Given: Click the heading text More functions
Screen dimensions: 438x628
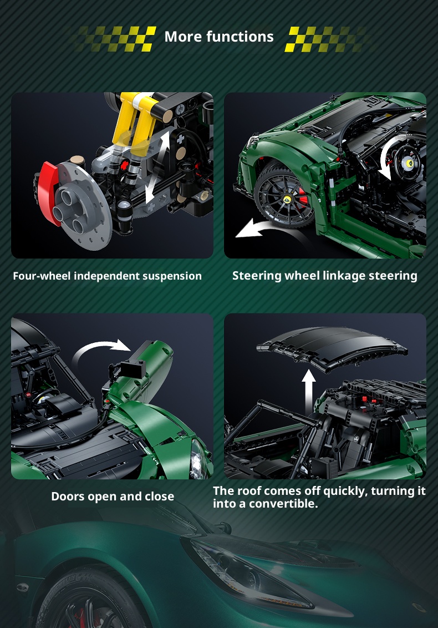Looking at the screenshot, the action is tap(219, 37).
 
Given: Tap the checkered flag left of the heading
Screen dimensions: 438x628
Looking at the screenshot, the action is tap(114, 39).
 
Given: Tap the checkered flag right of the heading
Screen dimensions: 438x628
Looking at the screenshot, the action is tap(327, 39).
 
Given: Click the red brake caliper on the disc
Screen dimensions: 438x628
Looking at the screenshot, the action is tap(48, 193).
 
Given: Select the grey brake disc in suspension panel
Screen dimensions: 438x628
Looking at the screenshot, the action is tap(82, 204).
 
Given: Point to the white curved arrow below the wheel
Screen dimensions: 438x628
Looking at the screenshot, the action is tap(260, 227).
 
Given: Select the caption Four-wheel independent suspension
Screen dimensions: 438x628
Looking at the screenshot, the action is tap(108, 276).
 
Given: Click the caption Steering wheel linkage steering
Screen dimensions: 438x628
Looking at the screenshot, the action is tap(325, 276).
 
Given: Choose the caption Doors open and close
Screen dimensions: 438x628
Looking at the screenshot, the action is tap(113, 496).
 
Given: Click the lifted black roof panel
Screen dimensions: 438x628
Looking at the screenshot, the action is tap(332, 346).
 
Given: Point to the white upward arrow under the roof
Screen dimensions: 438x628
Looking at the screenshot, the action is tap(308, 393).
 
